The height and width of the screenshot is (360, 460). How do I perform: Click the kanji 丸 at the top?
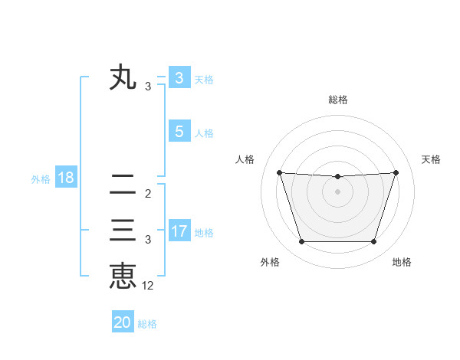123,79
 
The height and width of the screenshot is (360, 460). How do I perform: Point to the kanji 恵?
123,275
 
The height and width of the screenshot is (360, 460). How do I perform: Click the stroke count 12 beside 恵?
148,286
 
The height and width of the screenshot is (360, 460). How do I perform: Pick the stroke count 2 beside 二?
148,193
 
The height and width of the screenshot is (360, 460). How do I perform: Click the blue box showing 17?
179,231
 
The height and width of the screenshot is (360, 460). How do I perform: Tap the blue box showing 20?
123,322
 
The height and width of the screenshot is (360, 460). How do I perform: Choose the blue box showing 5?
179,132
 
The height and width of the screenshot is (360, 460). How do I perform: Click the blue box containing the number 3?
179,77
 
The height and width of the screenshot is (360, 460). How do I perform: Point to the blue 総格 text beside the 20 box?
147,324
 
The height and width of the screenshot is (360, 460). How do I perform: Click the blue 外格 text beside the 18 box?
41,180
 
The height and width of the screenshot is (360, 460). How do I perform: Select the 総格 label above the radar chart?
337,100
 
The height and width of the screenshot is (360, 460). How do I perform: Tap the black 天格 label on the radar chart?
431,159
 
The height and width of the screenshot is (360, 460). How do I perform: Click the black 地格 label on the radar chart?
402,263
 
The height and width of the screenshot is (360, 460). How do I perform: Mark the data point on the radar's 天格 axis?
396,172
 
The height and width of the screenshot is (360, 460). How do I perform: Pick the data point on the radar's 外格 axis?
301,242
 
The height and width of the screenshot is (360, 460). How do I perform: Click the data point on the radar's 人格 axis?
279,172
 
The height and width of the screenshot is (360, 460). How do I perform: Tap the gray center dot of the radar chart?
337,191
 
